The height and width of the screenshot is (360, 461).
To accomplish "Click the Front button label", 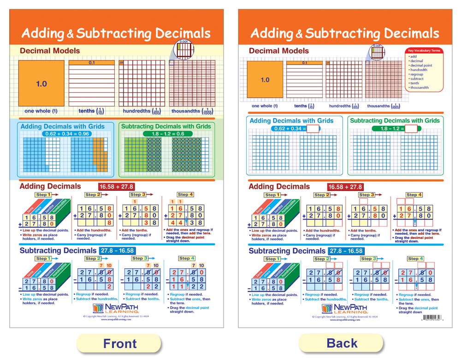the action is click(119, 343).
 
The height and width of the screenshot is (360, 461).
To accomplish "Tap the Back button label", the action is click(342, 343).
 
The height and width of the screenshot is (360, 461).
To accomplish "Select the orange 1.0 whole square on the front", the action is click(41, 83).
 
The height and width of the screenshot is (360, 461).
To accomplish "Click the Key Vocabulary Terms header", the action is click(423, 51).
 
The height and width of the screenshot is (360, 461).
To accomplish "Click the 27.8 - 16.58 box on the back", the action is click(346, 251).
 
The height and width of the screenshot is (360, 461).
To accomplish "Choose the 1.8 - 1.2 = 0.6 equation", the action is click(165, 134).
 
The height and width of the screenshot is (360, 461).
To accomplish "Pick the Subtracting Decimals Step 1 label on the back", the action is click(271, 259).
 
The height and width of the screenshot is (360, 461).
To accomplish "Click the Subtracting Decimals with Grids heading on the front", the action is click(165, 126).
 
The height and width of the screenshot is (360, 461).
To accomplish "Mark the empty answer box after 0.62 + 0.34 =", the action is click(313, 129).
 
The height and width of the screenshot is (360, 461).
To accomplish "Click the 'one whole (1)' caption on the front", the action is click(41, 111).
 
